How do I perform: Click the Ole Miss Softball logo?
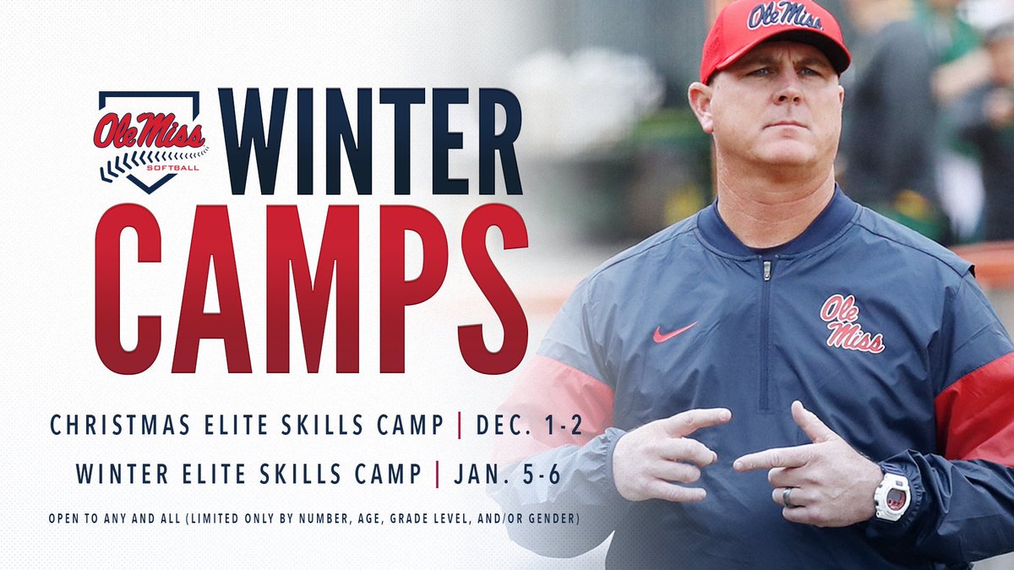click(150, 140)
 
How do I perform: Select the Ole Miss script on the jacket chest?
click(851, 323)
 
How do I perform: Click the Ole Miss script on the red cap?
click(784, 15)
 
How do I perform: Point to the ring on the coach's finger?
click(788, 497)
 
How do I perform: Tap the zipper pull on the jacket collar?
click(766, 270)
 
